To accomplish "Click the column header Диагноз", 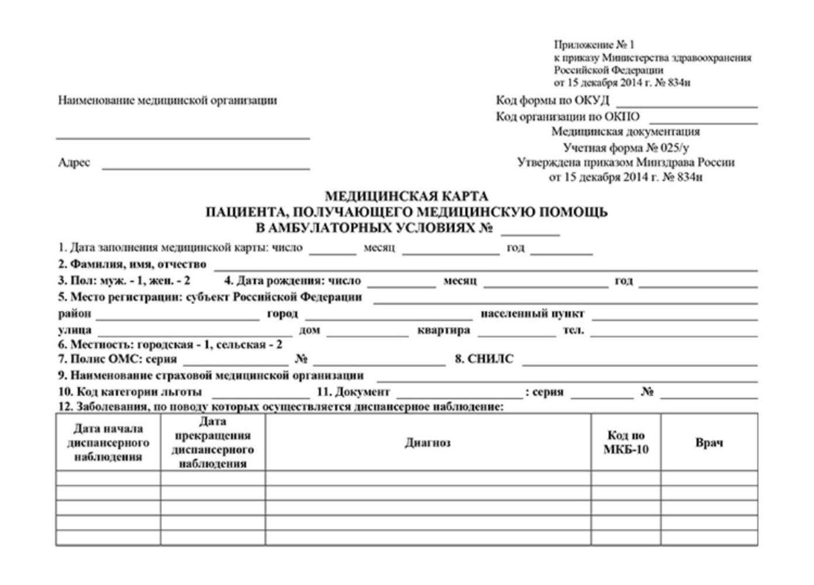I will (427, 443).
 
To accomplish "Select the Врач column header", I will (709, 443).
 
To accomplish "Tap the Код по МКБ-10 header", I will (626, 443).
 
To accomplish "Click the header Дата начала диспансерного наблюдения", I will (108, 443).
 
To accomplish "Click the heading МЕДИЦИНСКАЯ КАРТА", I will (406, 196).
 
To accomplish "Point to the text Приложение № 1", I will (594, 44).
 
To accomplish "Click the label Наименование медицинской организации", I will (167, 101).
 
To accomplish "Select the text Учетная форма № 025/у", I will (625, 147).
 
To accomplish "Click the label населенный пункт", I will (532, 314).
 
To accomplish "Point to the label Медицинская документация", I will (625, 132).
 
